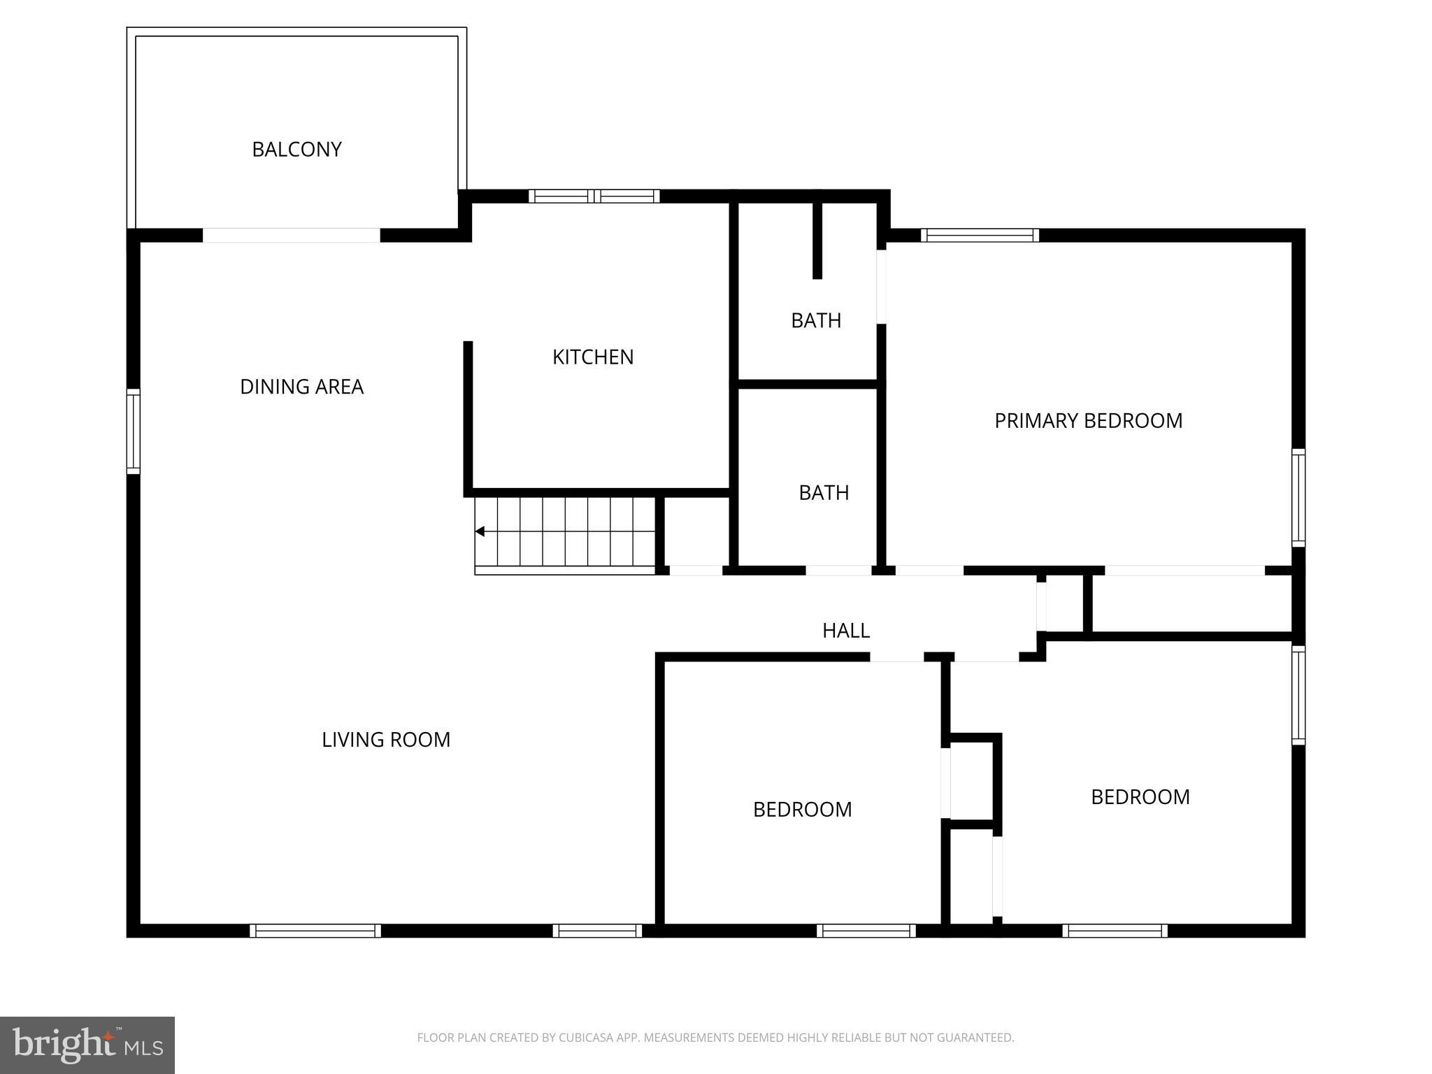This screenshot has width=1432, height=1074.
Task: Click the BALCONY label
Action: (x=296, y=150)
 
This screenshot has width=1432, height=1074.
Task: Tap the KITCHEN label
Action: (x=593, y=357)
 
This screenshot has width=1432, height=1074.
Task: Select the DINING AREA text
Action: (x=301, y=387)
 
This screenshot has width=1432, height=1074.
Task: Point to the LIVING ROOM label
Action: (x=385, y=740)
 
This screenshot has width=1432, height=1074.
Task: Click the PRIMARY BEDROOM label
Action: (x=1088, y=421)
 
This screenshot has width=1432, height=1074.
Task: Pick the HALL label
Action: (x=845, y=631)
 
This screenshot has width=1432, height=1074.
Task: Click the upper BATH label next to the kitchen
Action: (x=815, y=321)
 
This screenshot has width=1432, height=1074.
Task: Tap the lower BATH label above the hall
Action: (x=824, y=493)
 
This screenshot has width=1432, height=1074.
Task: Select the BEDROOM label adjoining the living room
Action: (x=802, y=810)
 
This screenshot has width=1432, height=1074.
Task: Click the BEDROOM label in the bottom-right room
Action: (x=1140, y=797)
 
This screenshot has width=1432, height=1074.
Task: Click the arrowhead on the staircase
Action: (x=480, y=531)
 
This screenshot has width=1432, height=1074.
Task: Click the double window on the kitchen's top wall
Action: (x=594, y=196)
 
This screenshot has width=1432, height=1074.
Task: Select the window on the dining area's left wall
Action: (x=133, y=431)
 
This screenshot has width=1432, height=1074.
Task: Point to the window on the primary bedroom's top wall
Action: (x=980, y=236)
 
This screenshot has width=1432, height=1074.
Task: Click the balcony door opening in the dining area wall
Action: (x=291, y=236)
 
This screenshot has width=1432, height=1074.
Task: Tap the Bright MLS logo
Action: (x=87, y=1045)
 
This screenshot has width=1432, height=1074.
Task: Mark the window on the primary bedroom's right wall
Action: (x=1298, y=498)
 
